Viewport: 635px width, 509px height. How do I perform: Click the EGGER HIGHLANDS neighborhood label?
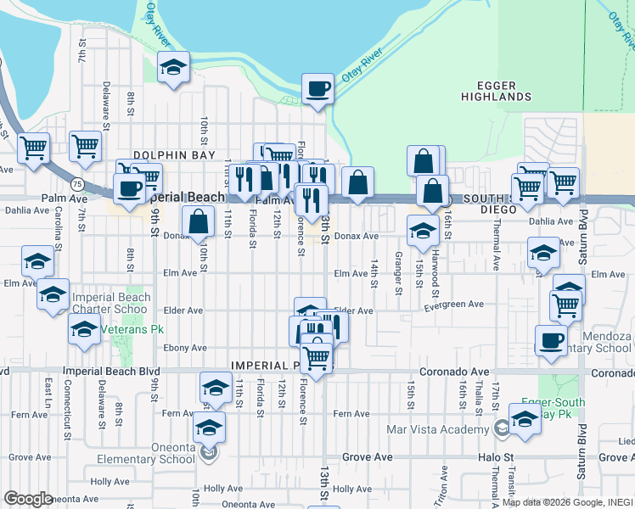[496, 91]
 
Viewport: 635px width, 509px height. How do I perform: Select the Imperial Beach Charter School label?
[111, 303]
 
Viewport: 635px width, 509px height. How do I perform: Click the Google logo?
[28, 499]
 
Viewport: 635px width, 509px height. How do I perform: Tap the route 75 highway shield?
[77, 182]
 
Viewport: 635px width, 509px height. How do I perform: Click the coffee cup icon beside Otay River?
[318, 88]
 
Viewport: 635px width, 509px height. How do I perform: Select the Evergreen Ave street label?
[456, 304]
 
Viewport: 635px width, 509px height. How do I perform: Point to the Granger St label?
[397, 273]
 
